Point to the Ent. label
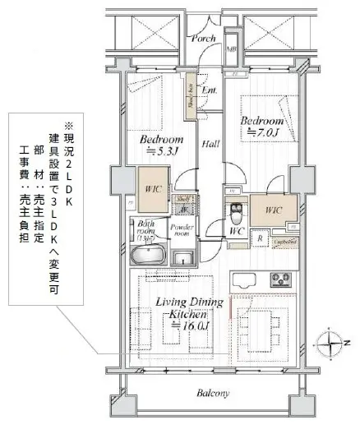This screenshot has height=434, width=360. (x=209, y=90)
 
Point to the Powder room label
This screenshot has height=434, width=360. (x=182, y=229)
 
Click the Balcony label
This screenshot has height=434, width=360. (x=213, y=394)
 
